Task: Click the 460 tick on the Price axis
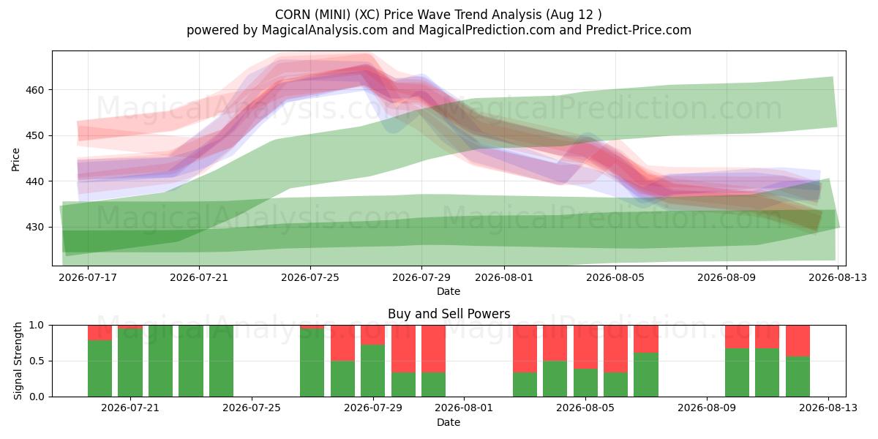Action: tap(35, 90)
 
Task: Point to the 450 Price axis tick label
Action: tap(35, 136)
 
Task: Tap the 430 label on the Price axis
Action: tap(35, 228)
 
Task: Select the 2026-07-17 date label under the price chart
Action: tap(88, 277)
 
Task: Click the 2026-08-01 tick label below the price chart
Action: tap(504, 277)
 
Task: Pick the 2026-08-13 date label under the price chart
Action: tap(838, 277)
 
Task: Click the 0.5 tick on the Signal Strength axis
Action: tap(37, 361)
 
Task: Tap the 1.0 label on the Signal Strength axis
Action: tap(37, 326)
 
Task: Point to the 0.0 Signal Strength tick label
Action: tap(37, 397)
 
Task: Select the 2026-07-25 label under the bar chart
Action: tap(252, 408)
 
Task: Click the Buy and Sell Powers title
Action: tap(449, 314)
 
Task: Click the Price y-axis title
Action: tap(15, 160)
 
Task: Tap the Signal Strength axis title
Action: tap(18, 361)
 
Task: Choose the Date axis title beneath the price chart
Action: tap(449, 291)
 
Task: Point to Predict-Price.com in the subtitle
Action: tap(639, 30)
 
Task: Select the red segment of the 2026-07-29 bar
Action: tap(403, 349)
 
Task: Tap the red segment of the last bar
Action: tap(798, 341)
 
